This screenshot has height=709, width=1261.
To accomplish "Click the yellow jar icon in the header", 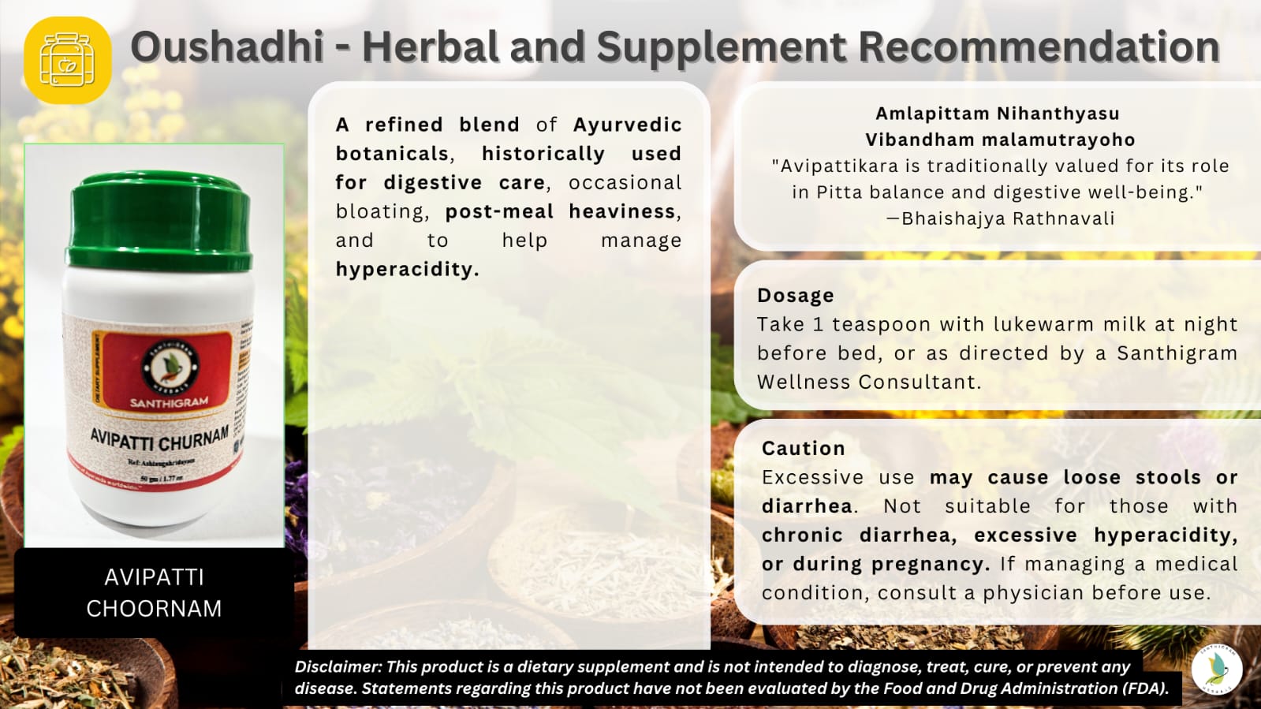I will (68, 60).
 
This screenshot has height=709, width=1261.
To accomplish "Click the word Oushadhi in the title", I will (227, 47).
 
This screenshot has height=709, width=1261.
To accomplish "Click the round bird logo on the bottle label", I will (171, 367).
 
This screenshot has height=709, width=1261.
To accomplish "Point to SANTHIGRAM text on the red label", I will (169, 403).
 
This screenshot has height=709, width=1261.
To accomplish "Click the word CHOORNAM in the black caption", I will (154, 609).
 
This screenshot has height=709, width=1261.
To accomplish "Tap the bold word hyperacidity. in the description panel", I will (407, 270).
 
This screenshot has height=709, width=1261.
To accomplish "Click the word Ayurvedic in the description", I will (627, 125).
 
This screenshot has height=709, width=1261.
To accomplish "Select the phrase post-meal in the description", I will (499, 211).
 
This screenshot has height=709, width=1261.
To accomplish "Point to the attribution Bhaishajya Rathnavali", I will (1007, 218).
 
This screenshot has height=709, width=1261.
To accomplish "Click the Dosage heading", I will (795, 296).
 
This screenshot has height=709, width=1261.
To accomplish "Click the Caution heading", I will (803, 449).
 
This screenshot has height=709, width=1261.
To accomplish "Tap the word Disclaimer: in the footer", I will (338, 667).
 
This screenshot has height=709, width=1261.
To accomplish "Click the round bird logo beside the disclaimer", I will (1217, 669).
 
